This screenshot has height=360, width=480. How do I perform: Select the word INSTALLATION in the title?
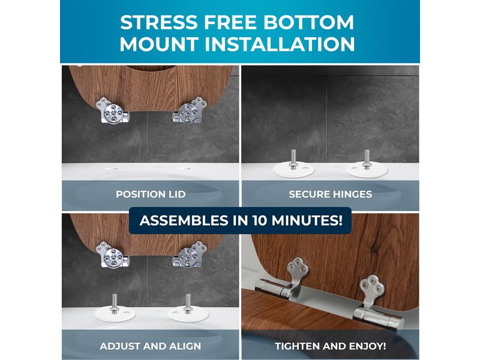coord(280,44)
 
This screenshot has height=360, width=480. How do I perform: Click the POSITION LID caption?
coord(151,194)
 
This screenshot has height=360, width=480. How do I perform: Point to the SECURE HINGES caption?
coord(331,194)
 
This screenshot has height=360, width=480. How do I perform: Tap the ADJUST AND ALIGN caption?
coord(151,346)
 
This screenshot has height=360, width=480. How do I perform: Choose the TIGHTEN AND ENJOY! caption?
coord(331,346)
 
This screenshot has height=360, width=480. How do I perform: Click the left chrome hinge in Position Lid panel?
coord(112,110)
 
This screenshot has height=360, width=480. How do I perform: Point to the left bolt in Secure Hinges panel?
coord(293,159)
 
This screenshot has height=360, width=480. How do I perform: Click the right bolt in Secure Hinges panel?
coord(367,159)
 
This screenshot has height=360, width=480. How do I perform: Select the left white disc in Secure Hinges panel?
coord(293,169)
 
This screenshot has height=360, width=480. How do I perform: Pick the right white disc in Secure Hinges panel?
coord(367,169)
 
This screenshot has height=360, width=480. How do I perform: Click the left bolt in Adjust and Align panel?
coord(114,304)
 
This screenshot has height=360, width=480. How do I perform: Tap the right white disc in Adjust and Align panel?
coord(188,314)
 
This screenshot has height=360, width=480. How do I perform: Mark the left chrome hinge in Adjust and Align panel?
coord(112,254)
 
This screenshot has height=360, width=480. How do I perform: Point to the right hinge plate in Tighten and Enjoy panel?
coord(371,291)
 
